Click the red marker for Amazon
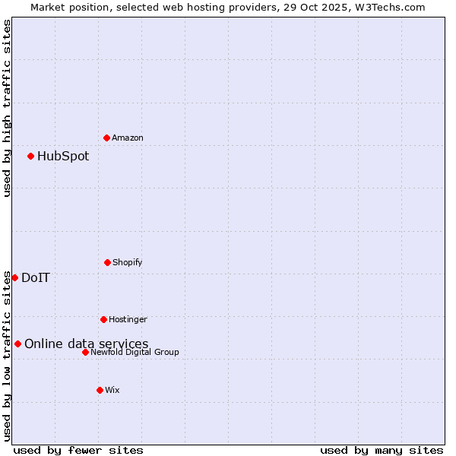pyautogui.click(x=106, y=138)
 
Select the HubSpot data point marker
pyautogui.click(x=30, y=157)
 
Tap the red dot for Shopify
pyautogui.click(x=107, y=262)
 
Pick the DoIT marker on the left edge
pyautogui.click(x=14, y=277)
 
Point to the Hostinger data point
pyautogui.click(x=103, y=319)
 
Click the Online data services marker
pyautogui.click(x=17, y=344)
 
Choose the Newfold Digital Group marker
pyautogui.click(x=85, y=352)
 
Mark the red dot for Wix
pyautogui.click(x=100, y=390)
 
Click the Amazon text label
pyautogui.click(x=128, y=138)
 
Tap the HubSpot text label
pyautogui.click(x=63, y=157)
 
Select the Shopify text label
pyautogui.click(x=128, y=263)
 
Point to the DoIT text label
pyautogui.click(x=36, y=278)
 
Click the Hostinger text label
pyautogui.click(x=128, y=320)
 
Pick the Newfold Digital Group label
pyautogui.click(x=135, y=353)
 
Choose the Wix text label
pyautogui.click(x=112, y=391)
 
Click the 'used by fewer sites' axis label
pyautogui.click(x=78, y=451)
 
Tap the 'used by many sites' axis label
pyautogui.click(x=382, y=451)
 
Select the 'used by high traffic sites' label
pyautogui.click(x=7, y=108)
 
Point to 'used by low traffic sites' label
pyautogui.click(x=7, y=355)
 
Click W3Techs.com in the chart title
pyautogui.click(x=388, y=7)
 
